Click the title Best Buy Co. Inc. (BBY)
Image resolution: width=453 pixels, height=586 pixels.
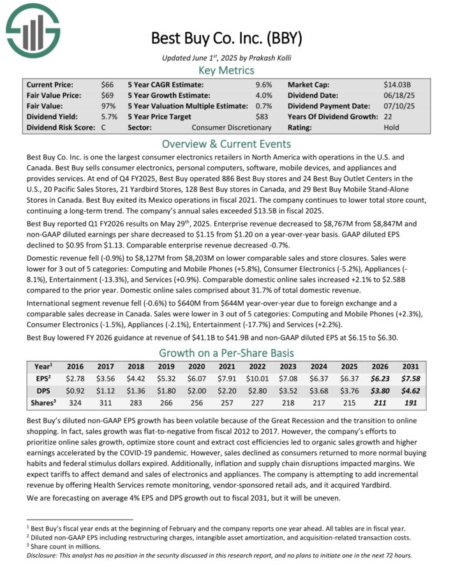[x=226, y=38]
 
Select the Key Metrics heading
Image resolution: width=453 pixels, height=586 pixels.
[x=226, y=70]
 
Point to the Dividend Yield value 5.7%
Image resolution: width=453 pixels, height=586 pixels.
[x=108, y=117]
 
